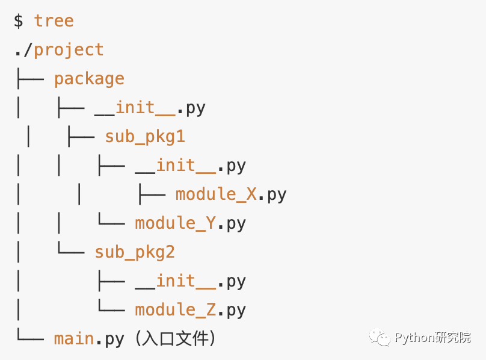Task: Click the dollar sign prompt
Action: pos(19,21)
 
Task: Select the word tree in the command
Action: pos(54,21)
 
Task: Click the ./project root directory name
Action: pos(59,50)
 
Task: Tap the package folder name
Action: pos(89,79)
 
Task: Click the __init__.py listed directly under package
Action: pos(150,108)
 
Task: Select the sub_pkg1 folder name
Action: pos(145,137)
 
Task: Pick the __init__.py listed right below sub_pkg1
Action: pos(190,166)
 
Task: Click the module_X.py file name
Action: pos(231,194)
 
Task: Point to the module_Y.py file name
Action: pos(190,223)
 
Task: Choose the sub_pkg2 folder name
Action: pos(135,252)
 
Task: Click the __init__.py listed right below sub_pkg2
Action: pos(190,281)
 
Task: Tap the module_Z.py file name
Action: pos(190,310)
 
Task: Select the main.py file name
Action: pos(89,339)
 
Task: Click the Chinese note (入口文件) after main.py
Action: pos(174,339)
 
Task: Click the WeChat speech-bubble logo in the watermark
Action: pos(380,337)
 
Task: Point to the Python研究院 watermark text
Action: pos(433,338)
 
